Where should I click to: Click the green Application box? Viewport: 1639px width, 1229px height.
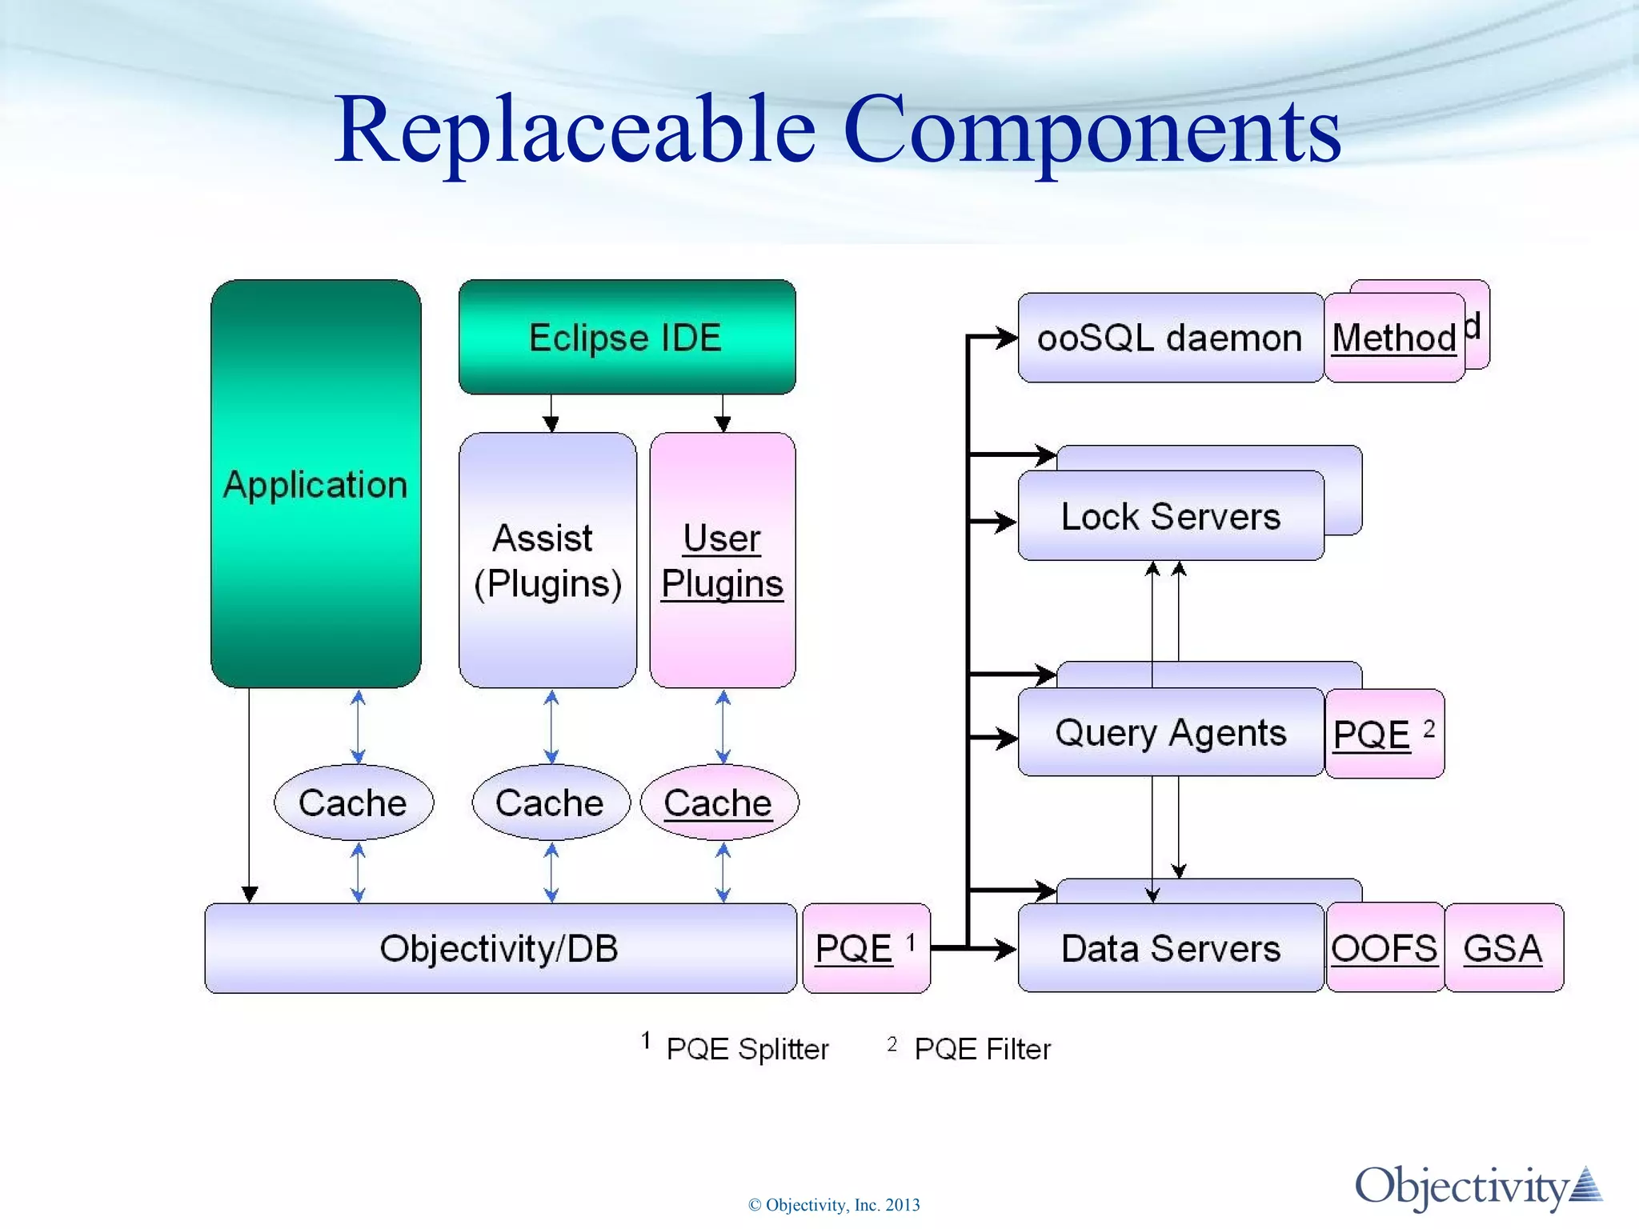[315, 484]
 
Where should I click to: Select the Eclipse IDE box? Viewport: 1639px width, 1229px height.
[627, 337]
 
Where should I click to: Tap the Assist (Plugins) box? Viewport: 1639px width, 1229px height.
[547, 560]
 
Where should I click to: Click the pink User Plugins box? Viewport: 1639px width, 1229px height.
[722, 560]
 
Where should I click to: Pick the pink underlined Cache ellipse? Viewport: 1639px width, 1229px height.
[719, 803]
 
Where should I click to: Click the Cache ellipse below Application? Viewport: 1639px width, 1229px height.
[353, 803]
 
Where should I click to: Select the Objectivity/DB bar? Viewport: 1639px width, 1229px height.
[499, 948]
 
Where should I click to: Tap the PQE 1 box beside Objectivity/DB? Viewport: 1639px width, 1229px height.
[865, 948]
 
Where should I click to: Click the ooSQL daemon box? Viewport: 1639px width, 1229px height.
[1169, 338]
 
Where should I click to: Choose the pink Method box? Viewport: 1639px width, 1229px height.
[1393, 338]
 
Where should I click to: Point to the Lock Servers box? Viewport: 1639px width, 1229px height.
[1170, 516]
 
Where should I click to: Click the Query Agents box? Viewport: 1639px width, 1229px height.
[1170, 732]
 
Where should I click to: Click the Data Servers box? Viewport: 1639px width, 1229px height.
[1170, 948]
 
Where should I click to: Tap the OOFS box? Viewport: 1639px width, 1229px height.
[1385, 948]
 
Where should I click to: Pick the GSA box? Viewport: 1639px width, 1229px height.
[1503, 948]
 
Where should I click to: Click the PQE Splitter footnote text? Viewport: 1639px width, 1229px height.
[747, 1048]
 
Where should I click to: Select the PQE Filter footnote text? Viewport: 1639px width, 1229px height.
[982, 1048]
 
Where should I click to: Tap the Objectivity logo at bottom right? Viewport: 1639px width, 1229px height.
[1477, 1187]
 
